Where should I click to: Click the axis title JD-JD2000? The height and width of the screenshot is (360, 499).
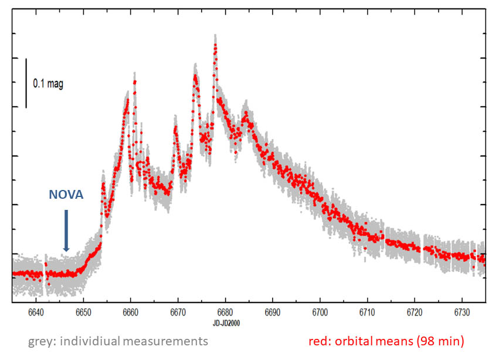[226, 323]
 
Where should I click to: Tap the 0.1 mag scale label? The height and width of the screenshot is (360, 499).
[47, 84]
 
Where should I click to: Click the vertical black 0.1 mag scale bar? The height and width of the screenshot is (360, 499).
[26, 83]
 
